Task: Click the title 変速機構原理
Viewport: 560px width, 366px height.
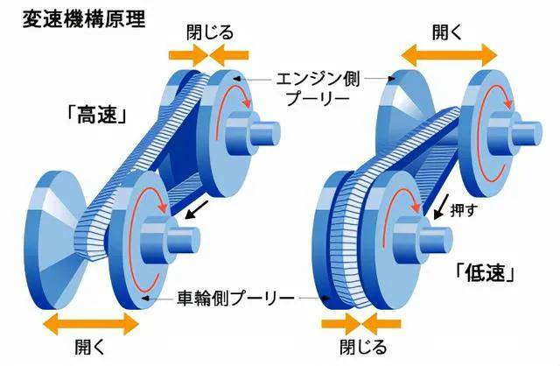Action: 84,19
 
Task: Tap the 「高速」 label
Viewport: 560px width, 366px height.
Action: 97,115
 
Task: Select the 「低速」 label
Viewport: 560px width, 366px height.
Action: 486,273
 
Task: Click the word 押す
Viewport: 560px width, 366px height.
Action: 463,210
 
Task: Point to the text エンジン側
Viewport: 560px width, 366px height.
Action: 318,79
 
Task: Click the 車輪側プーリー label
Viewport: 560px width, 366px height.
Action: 236,298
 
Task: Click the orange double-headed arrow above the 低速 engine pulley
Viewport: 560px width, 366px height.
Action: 449,55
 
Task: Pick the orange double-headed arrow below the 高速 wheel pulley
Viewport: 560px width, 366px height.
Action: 90,324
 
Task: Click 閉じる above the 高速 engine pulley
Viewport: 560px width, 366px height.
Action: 210,32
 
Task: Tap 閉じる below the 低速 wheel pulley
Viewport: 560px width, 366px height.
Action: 363,347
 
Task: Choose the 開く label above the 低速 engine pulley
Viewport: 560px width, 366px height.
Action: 447,32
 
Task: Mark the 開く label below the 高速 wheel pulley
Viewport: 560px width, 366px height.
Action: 89,347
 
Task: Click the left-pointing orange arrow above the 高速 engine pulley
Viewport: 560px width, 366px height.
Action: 229,55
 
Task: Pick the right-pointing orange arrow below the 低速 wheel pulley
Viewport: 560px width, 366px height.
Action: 341,324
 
